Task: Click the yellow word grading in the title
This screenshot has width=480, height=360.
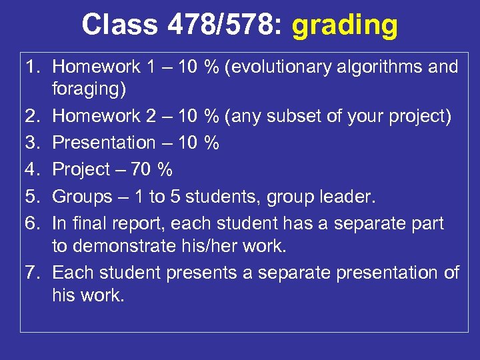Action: pos(345,25)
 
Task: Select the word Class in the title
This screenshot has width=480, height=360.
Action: pos(117,25)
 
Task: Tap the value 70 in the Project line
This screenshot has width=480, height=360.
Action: pos(141,169)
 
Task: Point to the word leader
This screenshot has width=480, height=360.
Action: pos(347,197)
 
